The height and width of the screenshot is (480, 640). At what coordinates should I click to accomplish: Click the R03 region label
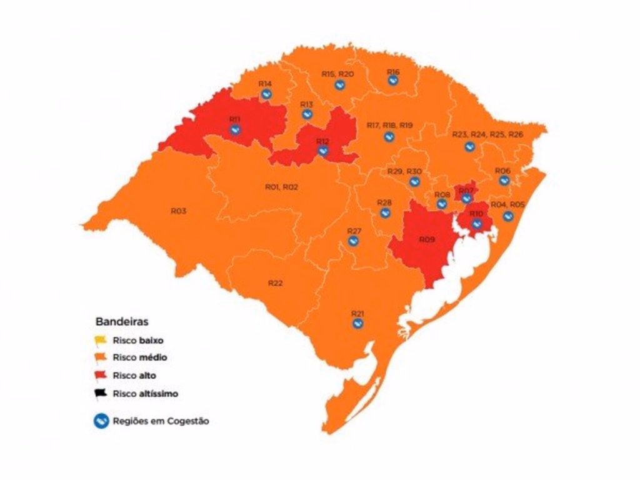[x=178, y=211]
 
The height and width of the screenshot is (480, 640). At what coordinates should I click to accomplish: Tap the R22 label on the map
[x=276, y=283]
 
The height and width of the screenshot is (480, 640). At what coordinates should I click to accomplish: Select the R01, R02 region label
[x=282, y=186]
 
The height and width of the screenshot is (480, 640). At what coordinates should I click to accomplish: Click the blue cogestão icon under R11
[x=235, y=129]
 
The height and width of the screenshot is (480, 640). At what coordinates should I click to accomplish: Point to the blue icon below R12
[x=322, y=150]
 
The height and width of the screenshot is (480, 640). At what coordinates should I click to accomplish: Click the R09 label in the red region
[x=426, y=239]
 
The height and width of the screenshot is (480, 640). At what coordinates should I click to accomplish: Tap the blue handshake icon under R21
[x=357, y=323]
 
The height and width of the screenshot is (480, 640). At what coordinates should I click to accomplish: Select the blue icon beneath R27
[x=353, y=241]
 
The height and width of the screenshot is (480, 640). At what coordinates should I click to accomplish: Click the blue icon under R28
[x=385, y=212]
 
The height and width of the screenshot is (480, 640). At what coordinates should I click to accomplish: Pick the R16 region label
[x=393, y=72]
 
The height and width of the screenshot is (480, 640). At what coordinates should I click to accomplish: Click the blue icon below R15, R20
[x=339, y=84]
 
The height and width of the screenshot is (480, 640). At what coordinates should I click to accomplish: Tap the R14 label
[x=265, y=83]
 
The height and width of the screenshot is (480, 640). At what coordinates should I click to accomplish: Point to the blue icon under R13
[x=306, y=114]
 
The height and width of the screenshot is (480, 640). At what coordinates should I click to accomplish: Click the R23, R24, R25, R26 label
[x=487, y=134]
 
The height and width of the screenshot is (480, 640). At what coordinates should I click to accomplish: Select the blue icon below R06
[x=504, y=181]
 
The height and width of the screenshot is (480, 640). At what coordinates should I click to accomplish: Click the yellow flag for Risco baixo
[x=101, y=341]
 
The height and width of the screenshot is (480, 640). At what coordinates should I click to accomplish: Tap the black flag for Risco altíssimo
[x=101, y=394]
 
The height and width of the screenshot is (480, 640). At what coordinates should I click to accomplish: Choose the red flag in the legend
[x=101, y=376]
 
